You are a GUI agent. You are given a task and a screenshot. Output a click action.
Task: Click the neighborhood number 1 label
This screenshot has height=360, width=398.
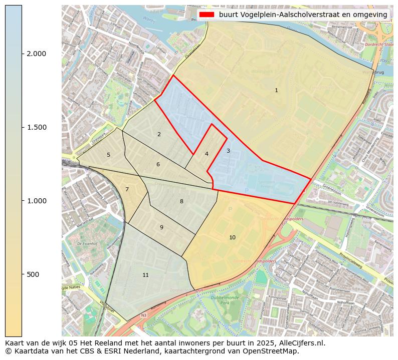276,91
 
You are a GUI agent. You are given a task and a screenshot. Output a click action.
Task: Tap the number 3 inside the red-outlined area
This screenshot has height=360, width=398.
228,151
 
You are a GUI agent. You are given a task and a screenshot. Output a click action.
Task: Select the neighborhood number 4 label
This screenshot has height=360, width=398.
207,154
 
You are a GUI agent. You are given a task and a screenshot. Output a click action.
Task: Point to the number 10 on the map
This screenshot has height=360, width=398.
232,237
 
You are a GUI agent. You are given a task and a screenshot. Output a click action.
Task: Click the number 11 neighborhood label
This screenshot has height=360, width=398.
145,275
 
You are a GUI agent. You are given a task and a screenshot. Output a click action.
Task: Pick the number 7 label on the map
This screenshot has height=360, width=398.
127,189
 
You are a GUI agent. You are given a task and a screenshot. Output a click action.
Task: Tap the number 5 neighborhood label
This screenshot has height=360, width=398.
108,155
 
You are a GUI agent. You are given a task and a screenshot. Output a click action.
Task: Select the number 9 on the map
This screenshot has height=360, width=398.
161,228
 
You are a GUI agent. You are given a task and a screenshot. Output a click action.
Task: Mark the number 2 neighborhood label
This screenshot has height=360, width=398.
159,134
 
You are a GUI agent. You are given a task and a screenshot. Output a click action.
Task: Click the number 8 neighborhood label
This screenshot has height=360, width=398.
181,202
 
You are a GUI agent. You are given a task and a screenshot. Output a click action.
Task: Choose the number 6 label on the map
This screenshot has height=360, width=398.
158,165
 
